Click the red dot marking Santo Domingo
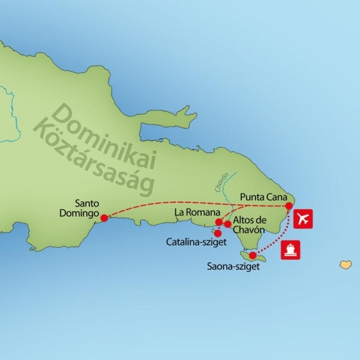(104, 218)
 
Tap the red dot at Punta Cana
(289, 206)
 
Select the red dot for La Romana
(219, 222)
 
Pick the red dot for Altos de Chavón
(228, 224)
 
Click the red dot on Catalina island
(217, 233)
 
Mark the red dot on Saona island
(253, 255)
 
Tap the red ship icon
(291, 250)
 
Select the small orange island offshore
(345, 264)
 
